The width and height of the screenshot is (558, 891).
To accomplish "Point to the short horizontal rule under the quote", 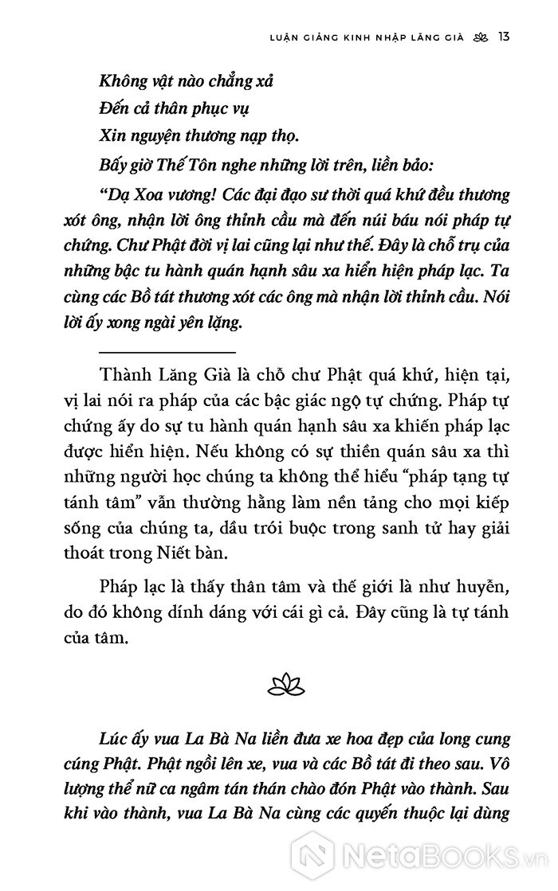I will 167,351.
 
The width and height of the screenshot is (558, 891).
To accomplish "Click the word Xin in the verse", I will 112,136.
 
